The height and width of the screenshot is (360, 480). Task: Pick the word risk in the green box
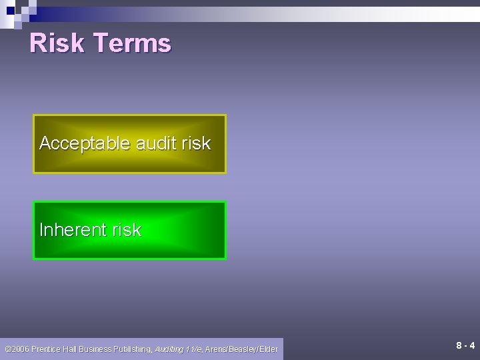point(127,230)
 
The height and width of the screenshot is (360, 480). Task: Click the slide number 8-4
point(465,345)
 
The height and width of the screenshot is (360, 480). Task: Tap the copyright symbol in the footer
point(7,348)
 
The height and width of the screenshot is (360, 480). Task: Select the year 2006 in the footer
point(20,348)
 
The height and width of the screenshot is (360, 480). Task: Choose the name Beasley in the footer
point(246,348)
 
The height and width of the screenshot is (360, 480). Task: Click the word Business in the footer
point(98,348)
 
